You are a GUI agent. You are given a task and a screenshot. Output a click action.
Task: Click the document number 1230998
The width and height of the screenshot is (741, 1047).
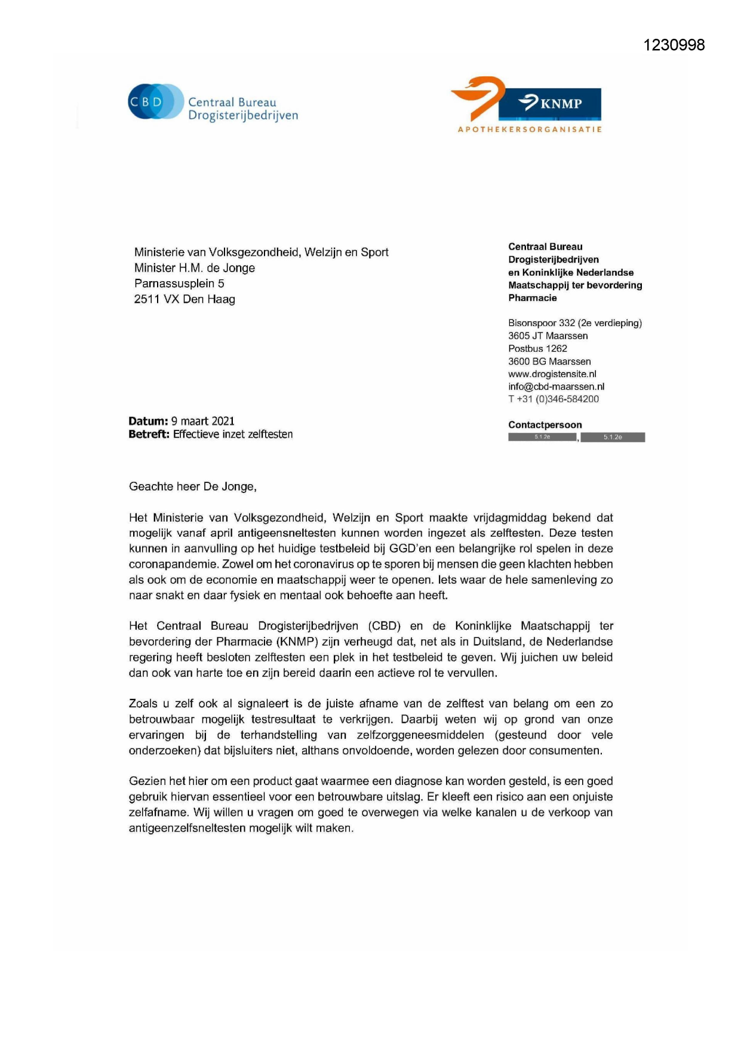coord(674,45)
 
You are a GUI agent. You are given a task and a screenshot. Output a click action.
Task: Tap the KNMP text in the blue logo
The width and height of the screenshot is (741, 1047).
coord(561,104)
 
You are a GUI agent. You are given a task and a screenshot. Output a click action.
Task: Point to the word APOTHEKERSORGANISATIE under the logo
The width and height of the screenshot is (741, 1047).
coord(530,129)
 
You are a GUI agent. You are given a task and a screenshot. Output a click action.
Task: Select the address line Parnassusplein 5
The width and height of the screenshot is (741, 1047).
coord(179,284)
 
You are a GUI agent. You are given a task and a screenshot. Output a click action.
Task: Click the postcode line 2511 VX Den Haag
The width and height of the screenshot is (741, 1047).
coord(185,299)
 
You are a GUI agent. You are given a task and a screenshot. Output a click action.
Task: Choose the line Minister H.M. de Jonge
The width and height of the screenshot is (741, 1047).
coord(195,268)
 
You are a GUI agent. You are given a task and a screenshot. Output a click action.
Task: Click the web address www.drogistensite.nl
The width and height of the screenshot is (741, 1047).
coord(552,374)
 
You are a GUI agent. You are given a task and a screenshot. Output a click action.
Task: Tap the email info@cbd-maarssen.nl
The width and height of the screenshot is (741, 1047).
coord(556,387)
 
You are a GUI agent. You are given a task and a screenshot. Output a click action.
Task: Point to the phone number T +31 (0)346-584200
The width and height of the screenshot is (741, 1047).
coord(554,399)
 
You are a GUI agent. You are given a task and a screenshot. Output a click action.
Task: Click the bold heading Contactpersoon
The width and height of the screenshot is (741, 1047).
coord(545,425)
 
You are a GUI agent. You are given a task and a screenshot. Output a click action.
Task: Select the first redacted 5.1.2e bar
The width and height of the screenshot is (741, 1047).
coord(542,437)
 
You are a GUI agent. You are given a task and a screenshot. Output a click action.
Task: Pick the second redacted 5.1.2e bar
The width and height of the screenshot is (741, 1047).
coord(613,438)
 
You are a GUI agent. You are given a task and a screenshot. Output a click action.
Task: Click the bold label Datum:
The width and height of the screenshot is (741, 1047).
coord(148,421)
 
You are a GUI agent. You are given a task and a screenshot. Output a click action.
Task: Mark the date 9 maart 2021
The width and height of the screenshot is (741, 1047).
coord(203,421)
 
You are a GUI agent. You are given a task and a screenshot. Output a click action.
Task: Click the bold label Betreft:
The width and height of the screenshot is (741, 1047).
coord(149,435)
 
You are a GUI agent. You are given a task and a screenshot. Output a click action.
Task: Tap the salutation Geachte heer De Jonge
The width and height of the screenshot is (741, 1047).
coord(192,486)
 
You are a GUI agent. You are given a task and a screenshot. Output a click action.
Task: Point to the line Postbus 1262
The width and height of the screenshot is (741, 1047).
coord(537,349)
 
